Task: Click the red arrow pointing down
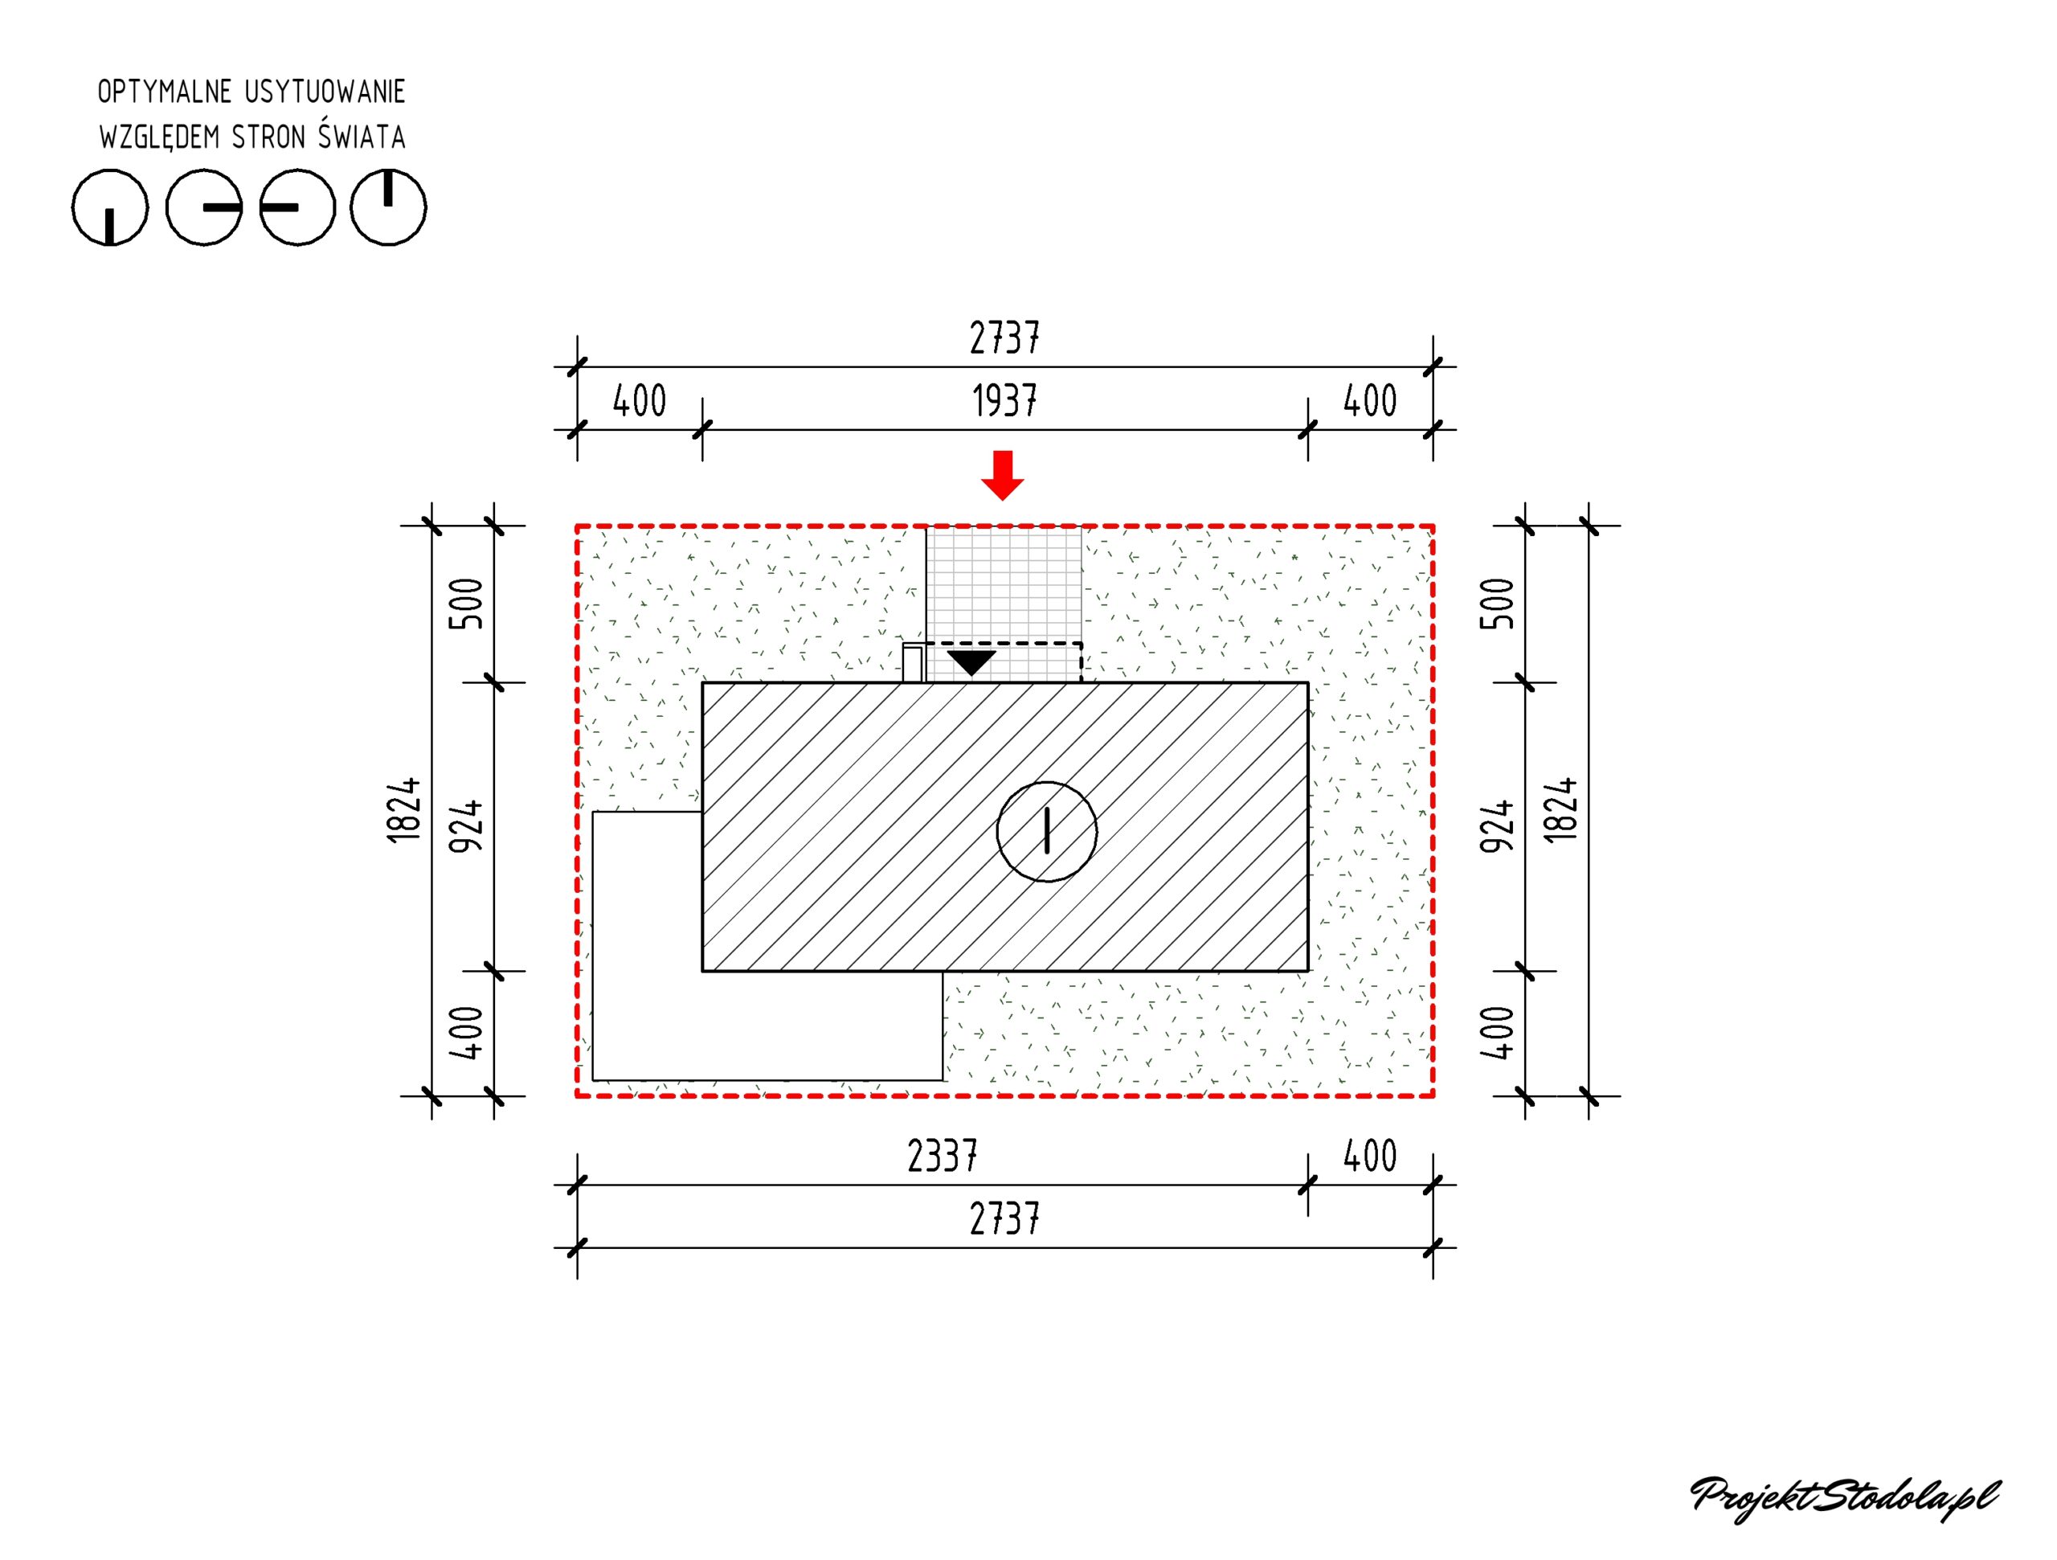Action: pyautogui.click(x=1003, y=475)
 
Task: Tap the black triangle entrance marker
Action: pyautogui.click(x=971, y=662)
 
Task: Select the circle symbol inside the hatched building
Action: pyautogui.click(x=1047, y=832)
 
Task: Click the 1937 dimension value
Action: pyautogui.click(x=1004, y=401)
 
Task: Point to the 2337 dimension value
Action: pyautogui.click(x=942, y=1157)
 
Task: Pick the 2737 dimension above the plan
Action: pyautogui.click(x=1004, y=338)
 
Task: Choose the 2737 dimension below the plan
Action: pyautogui.click(x=1004, y=1218)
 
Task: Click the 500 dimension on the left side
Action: pyautogui.click(x=467, y=604)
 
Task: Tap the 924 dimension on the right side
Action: pyautogui.click(x=1497, y=826)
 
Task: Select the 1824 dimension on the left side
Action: pyautogui.click(x=403, y=810)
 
